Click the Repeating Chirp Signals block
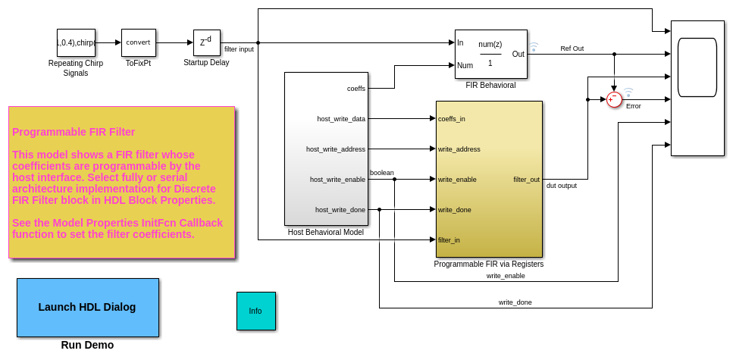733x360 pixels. [x=76, y=42]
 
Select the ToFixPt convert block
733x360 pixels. [x=138, y=42]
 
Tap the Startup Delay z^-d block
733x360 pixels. [x=206, y=42]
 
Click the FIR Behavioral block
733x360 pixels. [x=490, y=54]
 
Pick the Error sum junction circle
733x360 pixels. [x=614, y=99]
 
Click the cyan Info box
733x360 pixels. [x=255, y=311]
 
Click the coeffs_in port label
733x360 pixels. [x=452, y=118]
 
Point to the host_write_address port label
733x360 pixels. [x=336, y=149]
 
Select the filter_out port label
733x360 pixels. [x=526, y=180]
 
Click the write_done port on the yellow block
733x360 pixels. [x=454, y=210]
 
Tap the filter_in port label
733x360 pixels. [x=449, y=240]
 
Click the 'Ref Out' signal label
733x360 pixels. [x=572, y=49]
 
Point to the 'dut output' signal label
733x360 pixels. [x=562, y=186]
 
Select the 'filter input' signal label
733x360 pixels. [x=239, y=49]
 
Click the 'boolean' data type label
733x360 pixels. [x=381, y=173]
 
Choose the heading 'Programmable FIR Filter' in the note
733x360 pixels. [x=74, y=132]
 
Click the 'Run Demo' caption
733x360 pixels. [x=87, y=345]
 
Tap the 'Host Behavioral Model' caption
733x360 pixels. [x=326, y=233]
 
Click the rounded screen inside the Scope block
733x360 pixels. [x=697, y=67]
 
